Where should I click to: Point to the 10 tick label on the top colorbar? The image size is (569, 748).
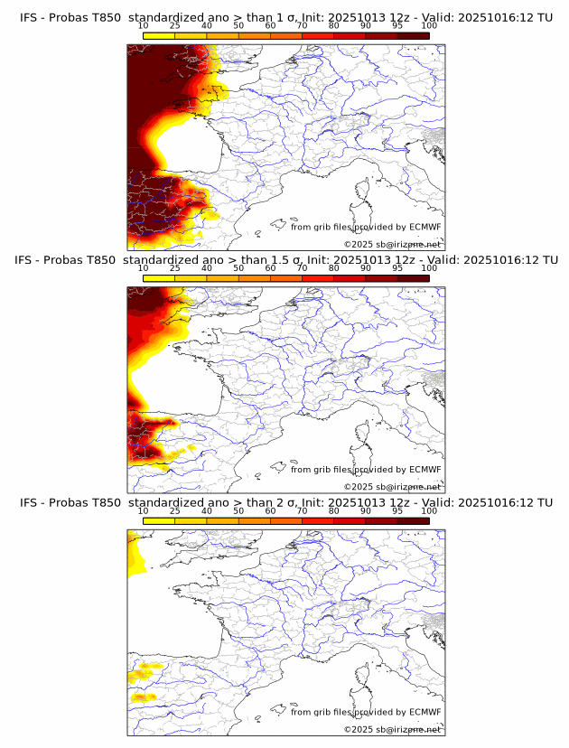pyautogui.click(x=144, y=25)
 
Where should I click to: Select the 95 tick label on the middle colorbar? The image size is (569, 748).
pyautogui.click(x=397, y=268)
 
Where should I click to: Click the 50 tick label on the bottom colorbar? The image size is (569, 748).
pyautogui.click(x=238, y=511)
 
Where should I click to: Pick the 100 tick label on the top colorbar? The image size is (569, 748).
pyautogui.click(x=429, y=25)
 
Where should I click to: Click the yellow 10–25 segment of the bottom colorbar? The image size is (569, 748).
pyautogui.click(x=159, y=521)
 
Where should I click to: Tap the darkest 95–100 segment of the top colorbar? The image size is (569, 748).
pyautogui.click(x=414, y=35)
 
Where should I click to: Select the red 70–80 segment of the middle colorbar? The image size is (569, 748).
pyautogui.click(x=318, y=278)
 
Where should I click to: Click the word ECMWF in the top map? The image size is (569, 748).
pyautogui.click(x=424, y=228)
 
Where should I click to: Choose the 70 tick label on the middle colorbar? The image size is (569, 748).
pyautogui.click(x=302, y=268)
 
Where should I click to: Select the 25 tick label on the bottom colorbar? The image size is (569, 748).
pyautogui.click(x=175, y=511)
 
